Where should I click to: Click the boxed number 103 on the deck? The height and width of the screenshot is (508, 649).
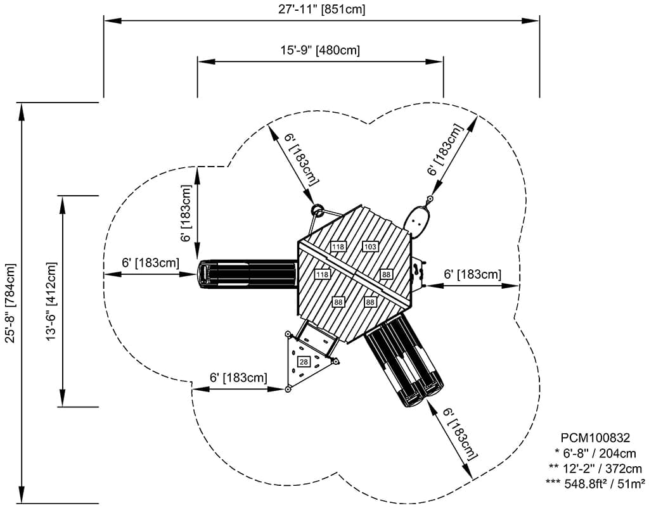click(x=370, y=246)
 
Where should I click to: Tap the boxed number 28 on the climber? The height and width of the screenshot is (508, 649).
click(x=304, y=362)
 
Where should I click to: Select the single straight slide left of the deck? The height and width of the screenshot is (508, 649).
click(x=247, y=274)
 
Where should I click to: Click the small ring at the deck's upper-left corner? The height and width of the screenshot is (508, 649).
click(x=318, y=210)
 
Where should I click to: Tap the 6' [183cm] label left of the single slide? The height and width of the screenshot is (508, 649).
click(x=150, y=262)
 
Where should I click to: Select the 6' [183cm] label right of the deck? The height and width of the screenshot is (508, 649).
click(x=472, y=274)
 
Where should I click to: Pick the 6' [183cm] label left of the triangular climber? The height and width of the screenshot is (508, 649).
click(x=238, y=378)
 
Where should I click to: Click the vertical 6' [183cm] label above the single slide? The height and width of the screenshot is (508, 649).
click(x=185, y=213)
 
